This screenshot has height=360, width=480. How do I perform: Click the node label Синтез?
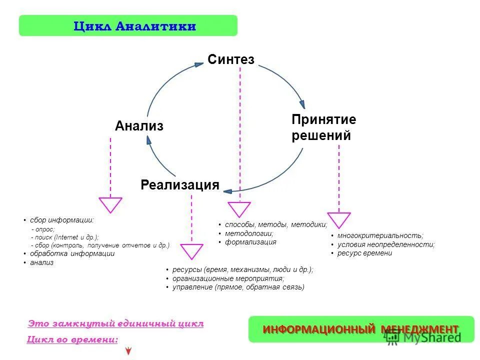click(x=231, y=60)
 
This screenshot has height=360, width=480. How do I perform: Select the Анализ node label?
click(x=139, y=126)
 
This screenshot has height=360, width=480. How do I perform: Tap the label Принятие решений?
click(x=323, y=127)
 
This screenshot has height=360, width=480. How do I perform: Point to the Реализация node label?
click(x=180, y=185)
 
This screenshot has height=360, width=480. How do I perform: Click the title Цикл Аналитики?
click(x=128, y=26)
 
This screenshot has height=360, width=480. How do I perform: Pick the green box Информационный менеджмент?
click(x=360, y=329)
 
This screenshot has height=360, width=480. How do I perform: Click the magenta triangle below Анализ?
click(x=110, y=204)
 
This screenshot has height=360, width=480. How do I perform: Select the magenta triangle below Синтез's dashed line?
click(x=239, y=208)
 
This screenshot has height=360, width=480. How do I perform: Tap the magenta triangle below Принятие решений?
click(x=339, y=219)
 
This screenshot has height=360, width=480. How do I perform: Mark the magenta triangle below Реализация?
click(x=191, y=250)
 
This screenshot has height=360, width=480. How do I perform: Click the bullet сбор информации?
click(x=61, y=220)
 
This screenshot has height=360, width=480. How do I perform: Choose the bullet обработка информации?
click(x=72, y=253)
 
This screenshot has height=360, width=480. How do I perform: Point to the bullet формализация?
click(x=250, y=242)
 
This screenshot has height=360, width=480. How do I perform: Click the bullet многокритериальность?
click(x=380, y=235)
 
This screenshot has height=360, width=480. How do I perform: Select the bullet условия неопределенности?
click(x=385, y=244)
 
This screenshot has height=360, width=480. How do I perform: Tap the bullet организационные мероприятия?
click(x=228, y=278)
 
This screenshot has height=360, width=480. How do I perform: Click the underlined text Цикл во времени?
click(x=72, y=340)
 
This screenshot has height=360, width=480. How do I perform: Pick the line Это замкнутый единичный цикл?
click(x=116, y=323)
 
